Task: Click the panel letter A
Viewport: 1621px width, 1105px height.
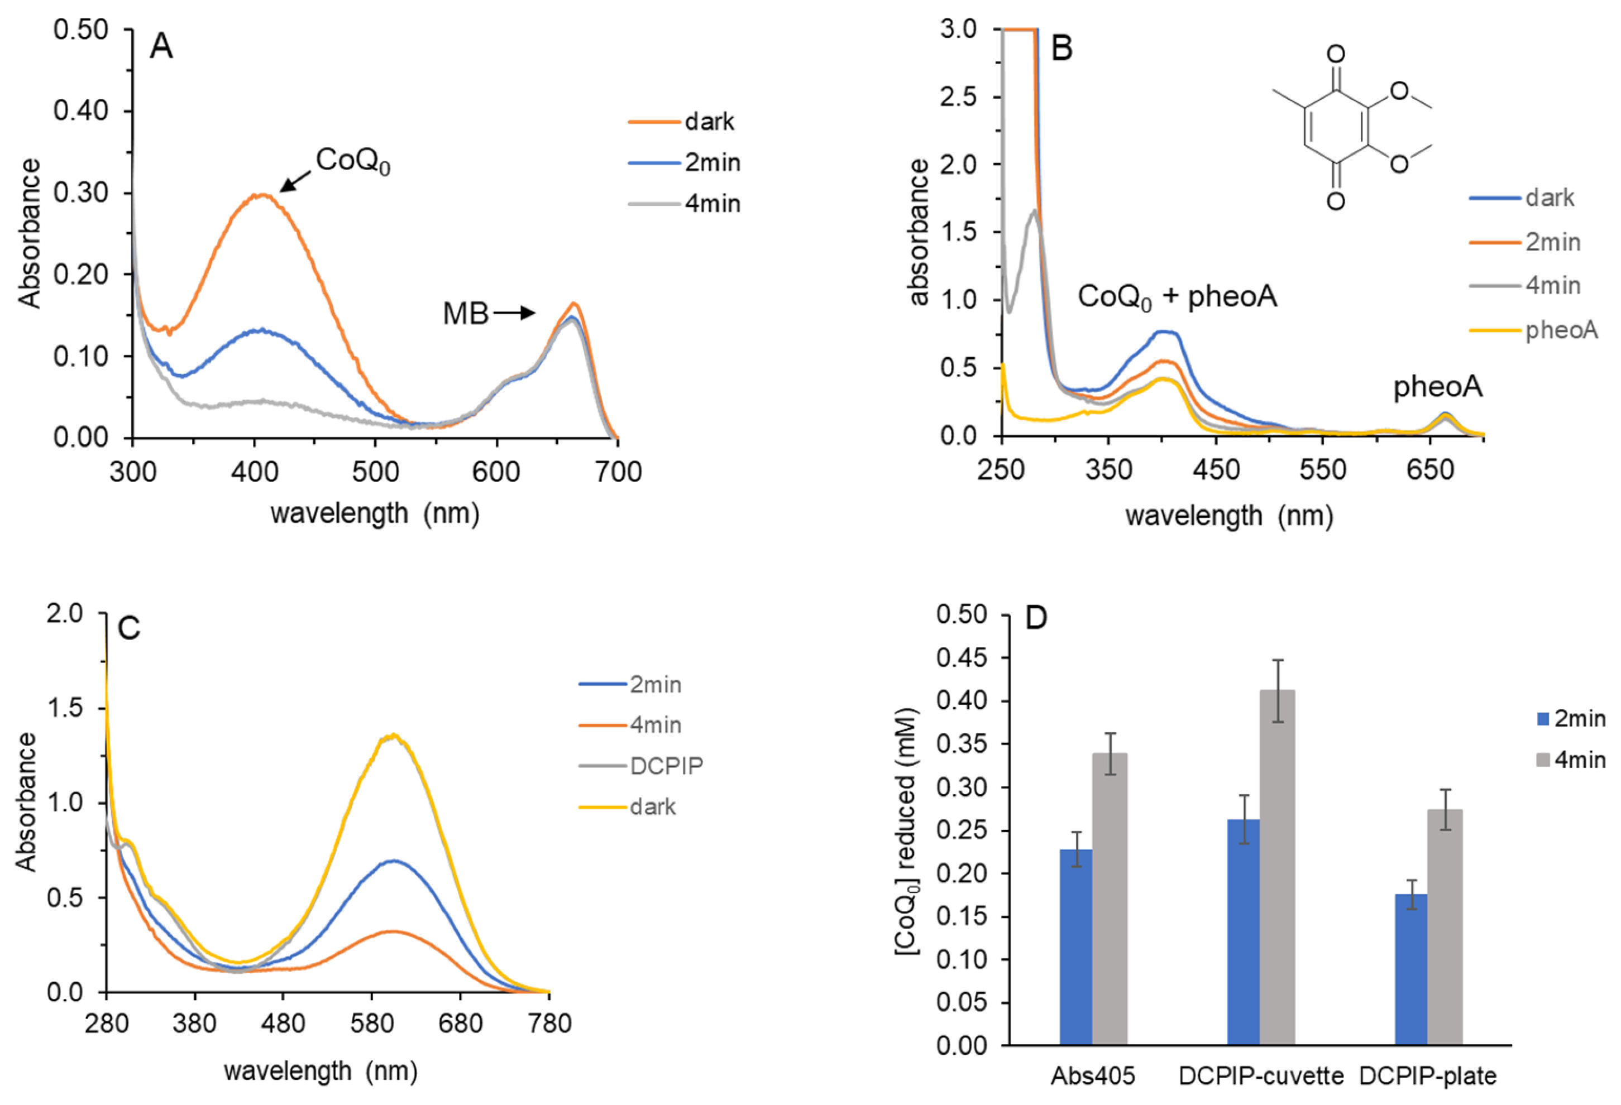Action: point(161,47)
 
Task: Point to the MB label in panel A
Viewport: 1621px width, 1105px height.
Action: point(465,314)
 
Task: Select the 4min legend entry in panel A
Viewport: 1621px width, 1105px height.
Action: point(711,204)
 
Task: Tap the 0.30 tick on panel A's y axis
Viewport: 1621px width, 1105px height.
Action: point(81,193)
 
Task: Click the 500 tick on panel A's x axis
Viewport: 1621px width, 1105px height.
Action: point(375,472)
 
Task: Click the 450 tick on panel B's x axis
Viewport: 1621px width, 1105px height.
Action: point(1216,470)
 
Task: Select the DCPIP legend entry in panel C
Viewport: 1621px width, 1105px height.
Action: point(666,766)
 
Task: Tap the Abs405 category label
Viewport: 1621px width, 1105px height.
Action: point(1093,1077)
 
